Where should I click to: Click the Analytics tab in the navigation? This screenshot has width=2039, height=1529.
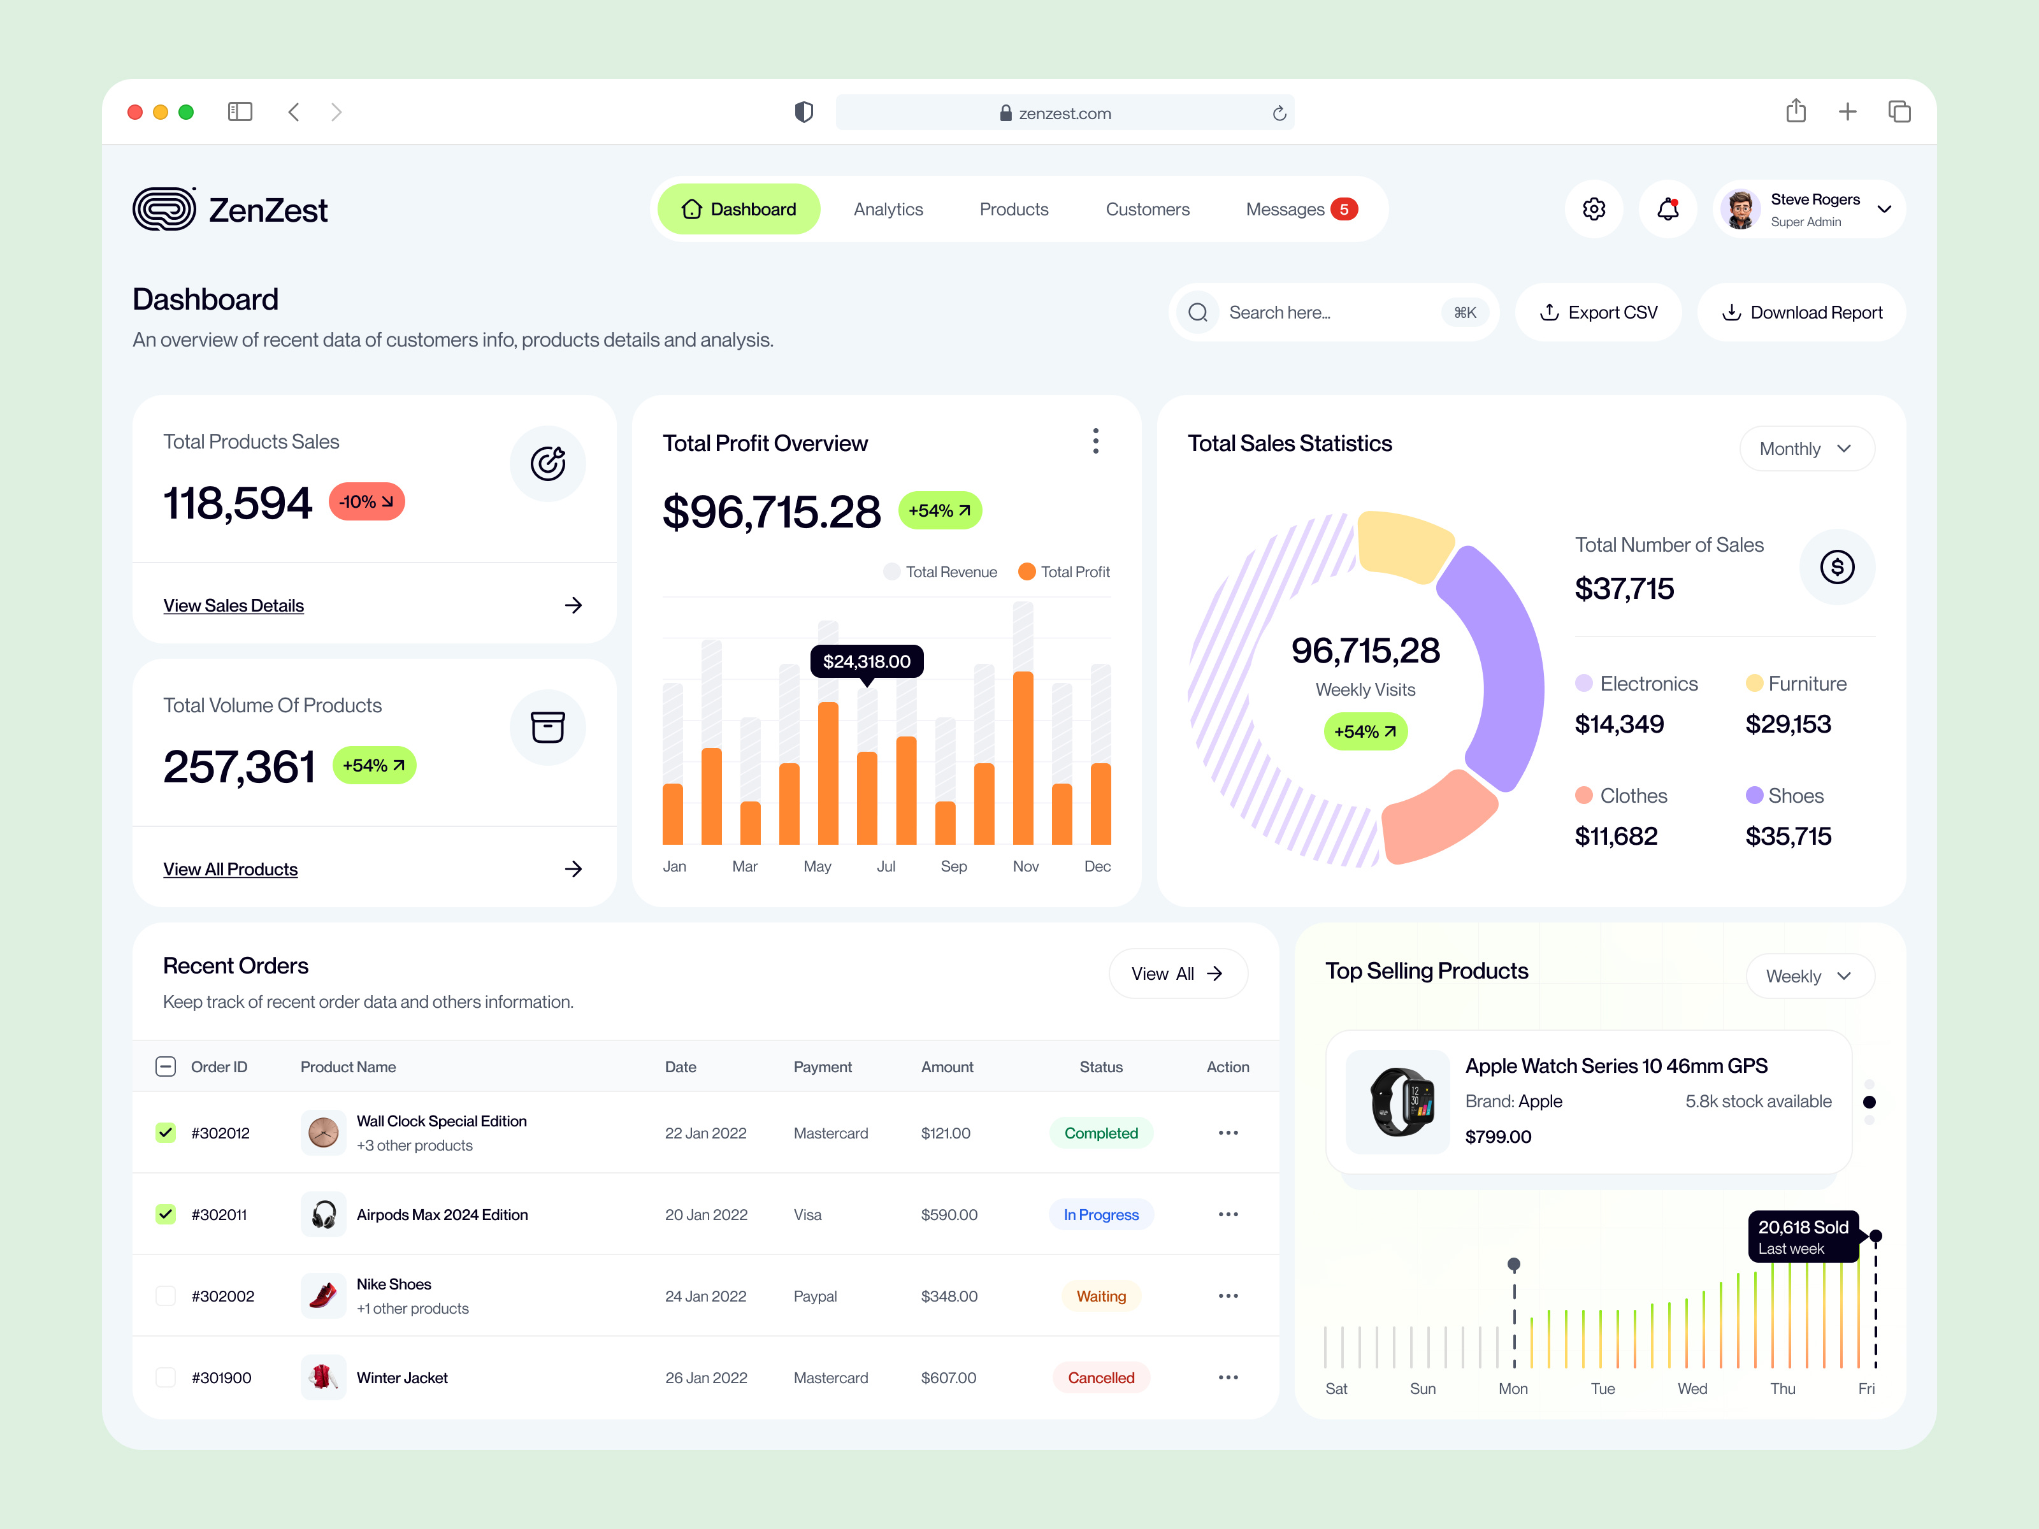click(x=888, y=209)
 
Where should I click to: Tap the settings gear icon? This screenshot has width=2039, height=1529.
click(x=1594, y=209)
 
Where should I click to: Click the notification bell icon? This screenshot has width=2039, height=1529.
click(x=1668, y=209)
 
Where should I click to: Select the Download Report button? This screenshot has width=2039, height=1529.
click(x=1801, y=312)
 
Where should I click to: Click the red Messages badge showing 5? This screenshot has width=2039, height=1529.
click(x=1344, y=209)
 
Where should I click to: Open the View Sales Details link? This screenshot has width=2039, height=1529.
click(x=233, y=605)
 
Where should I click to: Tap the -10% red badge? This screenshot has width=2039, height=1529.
click(x=366, y=501)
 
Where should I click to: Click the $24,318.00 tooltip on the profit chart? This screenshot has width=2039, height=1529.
click(x=867, y=661)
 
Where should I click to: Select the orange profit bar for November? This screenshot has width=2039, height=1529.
click(x=1022, y=757)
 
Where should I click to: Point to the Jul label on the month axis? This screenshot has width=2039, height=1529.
click(x=886, y=866)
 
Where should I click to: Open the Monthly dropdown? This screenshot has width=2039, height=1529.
click(x=1806, y=449)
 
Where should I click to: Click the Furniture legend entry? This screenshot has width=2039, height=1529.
click(x=1796, y=684)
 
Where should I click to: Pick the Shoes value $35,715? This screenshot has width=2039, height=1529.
click(x=1787, y=836)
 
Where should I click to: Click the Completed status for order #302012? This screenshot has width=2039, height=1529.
click(x=1100, y=1133)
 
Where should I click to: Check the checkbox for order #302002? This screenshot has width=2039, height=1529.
click(x=166, y=1296)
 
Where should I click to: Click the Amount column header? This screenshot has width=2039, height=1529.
click(x=947, y=1066)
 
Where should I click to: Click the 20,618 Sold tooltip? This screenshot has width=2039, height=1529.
click(x=1802, y=1236)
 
